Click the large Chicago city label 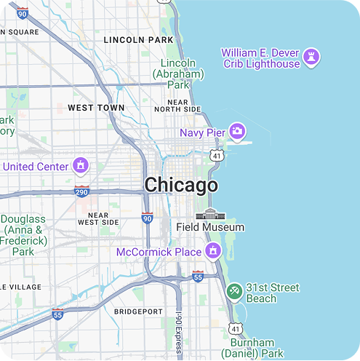(180, 185)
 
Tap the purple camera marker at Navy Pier (237, 132)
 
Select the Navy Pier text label (203, 132)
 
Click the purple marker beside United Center (81, 165)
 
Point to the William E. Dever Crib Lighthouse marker (312, 57)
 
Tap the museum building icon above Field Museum (211, 214)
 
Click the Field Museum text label (210, 227)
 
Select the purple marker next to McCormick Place (213, 252)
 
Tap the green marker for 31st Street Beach (234, 292)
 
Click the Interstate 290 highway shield (81, 191)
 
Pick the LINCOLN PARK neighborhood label (138, 39)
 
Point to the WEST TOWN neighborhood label (95, 108)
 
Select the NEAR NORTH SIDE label (177, 106)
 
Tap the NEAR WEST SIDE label (98, 218)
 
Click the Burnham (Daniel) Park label (252, 348)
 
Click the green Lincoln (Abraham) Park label (178, 74)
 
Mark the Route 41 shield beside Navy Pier (217, 155)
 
